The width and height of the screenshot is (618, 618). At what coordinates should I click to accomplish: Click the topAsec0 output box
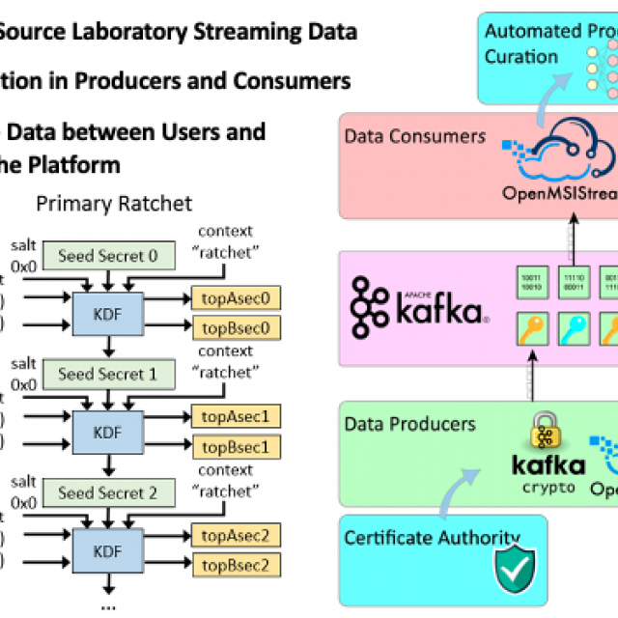[236, 298]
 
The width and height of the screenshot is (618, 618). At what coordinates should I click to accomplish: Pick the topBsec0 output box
[236, 328]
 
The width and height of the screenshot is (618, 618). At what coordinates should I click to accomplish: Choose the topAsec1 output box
[236, 417]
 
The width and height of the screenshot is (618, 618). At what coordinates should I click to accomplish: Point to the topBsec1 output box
[236, 447]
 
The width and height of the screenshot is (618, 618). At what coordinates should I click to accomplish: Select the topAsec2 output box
[236, 535]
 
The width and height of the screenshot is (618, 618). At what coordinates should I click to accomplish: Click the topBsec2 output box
[236, 565]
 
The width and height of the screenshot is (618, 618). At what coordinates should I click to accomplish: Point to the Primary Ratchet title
[114, 204]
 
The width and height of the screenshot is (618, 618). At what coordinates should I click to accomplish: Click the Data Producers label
[410, 424]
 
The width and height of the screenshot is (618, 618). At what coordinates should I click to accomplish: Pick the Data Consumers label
[415, 136]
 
